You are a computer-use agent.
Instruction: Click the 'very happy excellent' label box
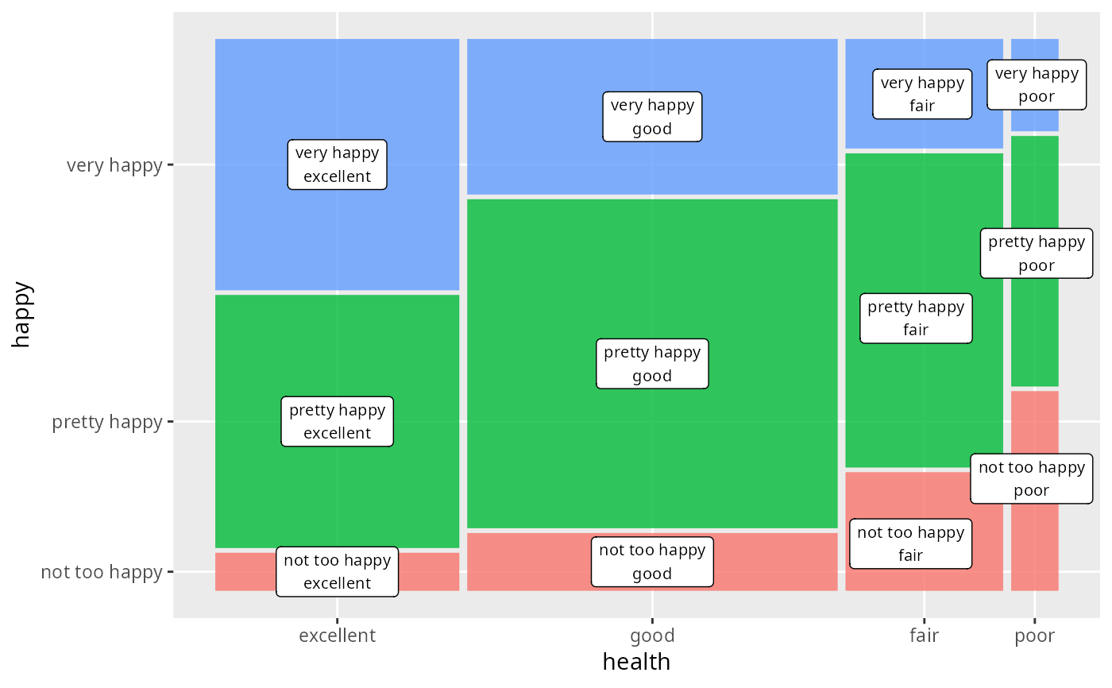click(337, 164)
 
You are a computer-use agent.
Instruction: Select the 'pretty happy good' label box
click(652, 364)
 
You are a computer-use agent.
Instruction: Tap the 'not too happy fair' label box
click(910, 544)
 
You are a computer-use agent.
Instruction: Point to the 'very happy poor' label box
click(1037, 85)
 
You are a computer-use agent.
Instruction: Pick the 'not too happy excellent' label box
click(337, 571)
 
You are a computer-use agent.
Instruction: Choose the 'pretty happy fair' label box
click(916, 318)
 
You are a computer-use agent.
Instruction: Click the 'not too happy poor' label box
click(1031, 479)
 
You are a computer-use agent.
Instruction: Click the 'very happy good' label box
click(652, 117)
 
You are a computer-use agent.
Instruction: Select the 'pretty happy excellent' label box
click(337, 421)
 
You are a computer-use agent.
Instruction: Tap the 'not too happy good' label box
click(652, 562)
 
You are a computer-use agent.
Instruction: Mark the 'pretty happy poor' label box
click(1037, 253)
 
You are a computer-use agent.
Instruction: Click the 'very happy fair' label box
click(922, 94)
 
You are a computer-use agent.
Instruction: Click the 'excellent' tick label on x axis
click(337, 636)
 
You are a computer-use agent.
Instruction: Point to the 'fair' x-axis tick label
click(924, 636)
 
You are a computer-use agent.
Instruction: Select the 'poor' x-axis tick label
click(1034, 636)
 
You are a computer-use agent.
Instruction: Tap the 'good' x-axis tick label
click(652, 636)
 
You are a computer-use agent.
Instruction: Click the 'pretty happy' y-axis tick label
click(107, 422)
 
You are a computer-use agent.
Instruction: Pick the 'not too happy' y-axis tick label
click(102, 572)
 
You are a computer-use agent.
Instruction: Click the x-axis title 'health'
click(636, 662)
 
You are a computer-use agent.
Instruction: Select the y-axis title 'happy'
click(21, 315)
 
